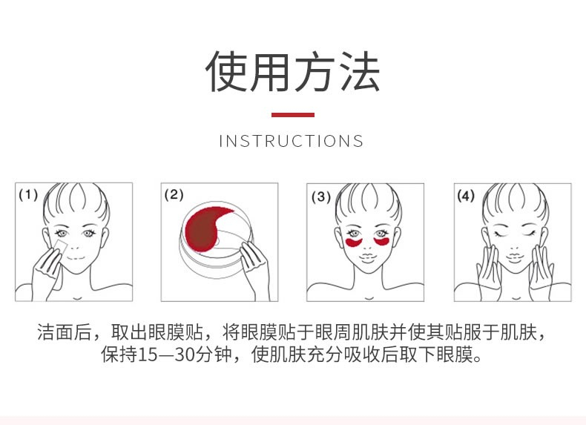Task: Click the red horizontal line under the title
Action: point(292,115)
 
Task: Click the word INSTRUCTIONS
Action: point(291,141)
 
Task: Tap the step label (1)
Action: point(28,195)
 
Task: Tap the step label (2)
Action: point(174,195)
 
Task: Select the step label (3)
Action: point(321,197)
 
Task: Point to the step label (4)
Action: point(466,196)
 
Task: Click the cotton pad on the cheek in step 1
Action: point(60,248)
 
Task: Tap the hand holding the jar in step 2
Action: point(254,266)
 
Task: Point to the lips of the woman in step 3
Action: point(367,257)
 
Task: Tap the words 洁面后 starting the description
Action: point(65,332)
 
